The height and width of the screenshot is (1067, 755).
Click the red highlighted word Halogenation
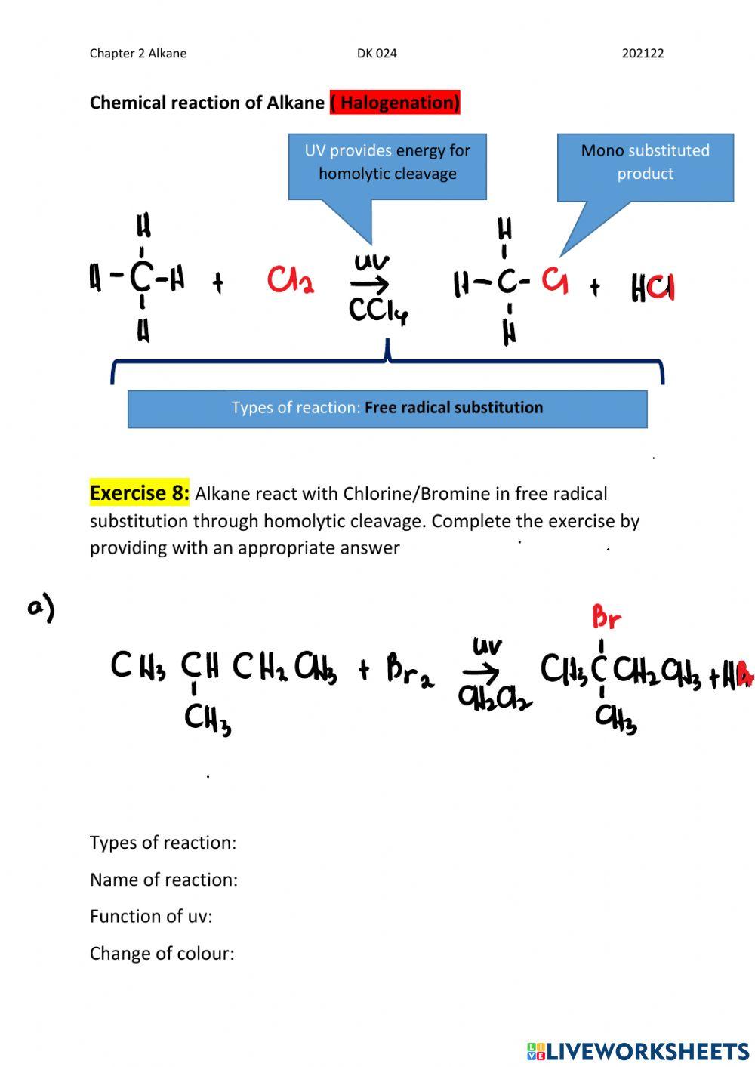tap(395, 103)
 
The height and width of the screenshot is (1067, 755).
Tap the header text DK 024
tap(377, 54)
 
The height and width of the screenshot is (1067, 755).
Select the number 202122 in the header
tap(643, 54)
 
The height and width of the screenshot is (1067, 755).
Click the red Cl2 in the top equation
tap(290, 281)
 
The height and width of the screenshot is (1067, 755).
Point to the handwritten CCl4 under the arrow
tap(377, 310)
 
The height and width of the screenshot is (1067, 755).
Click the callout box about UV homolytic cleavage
tap(387, 166)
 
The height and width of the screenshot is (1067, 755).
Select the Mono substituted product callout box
tap(645, 167)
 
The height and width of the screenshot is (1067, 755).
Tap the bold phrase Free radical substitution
tap(454, 408)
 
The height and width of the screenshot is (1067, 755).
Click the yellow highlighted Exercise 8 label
tap(140, 494)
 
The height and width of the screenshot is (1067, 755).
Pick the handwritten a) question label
tap(42, 609)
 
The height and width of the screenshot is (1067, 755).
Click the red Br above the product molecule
tap(606, 618)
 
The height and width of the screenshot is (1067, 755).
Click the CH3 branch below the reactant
tap(207, 718)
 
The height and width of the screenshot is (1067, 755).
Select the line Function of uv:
tap(151, 917)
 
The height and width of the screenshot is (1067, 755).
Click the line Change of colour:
tap(162, 954)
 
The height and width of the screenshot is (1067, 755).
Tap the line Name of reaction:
tap(163, 880)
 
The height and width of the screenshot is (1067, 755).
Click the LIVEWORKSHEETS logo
tap(638, 1051)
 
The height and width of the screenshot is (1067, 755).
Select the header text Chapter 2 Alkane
tap(138, 54)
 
